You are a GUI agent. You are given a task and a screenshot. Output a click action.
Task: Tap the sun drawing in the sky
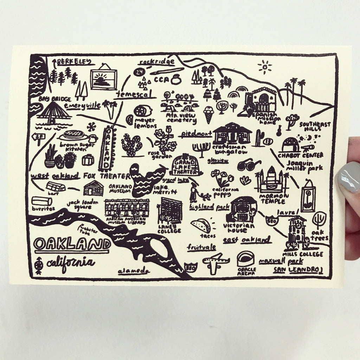[x=264, y=67]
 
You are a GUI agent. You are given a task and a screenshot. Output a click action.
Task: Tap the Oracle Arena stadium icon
[x=246, y=259]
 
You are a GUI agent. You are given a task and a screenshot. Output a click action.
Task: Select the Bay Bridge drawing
[x=53, y=112]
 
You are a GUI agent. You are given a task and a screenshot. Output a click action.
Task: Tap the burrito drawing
[x=41, y=201]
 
